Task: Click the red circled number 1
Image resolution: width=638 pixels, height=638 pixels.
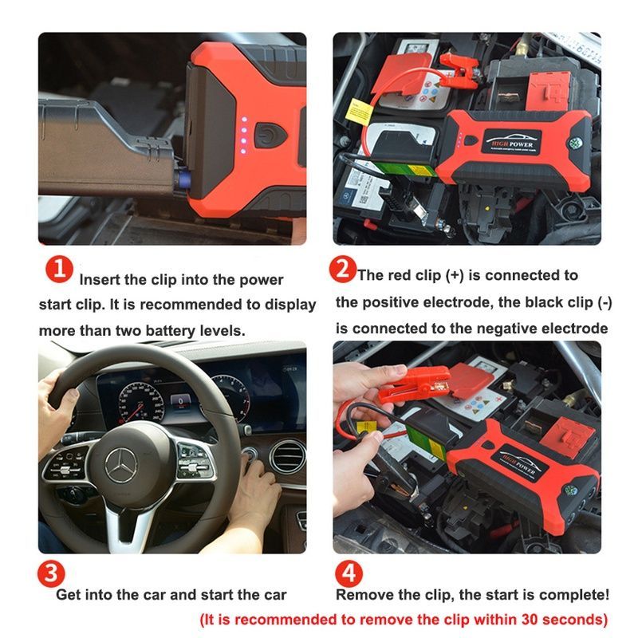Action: [x=59, y=270]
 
